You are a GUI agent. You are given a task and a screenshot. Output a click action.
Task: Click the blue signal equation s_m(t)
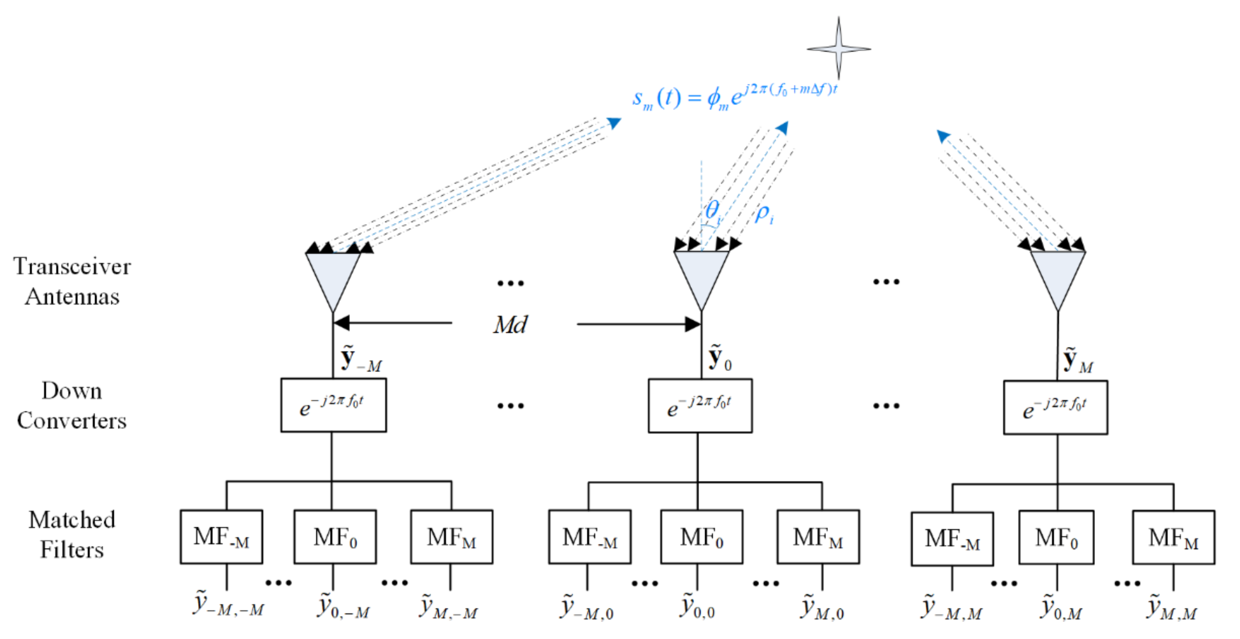[734, 96]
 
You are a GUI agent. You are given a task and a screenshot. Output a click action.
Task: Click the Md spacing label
[510, 324]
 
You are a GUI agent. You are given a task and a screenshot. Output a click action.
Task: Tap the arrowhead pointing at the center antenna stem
[693, 324]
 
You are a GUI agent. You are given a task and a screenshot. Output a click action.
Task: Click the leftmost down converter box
[333, 405]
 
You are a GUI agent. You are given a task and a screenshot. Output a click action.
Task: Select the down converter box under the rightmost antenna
[1055, 407]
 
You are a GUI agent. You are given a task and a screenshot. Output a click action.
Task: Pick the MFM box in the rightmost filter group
[1173, 537]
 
